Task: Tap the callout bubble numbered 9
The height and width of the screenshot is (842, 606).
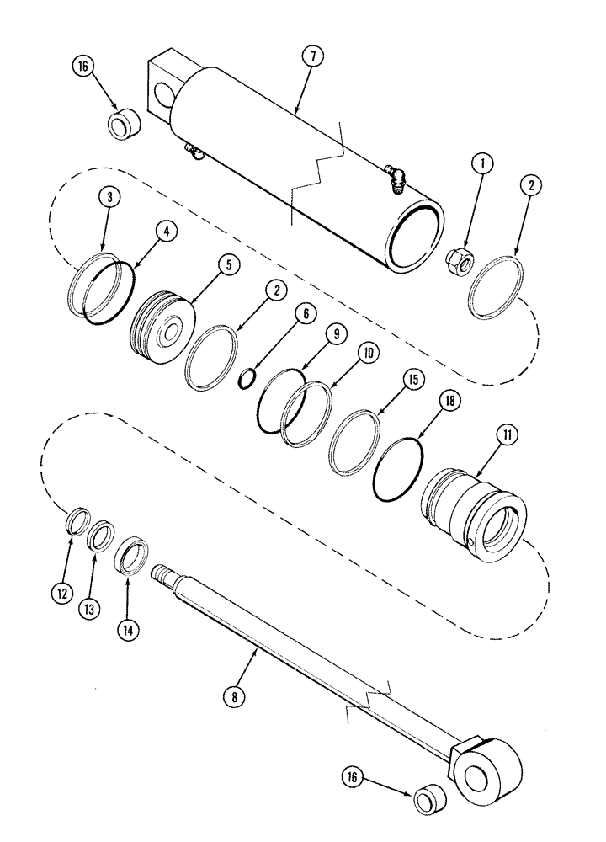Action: (x=336, y=334)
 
